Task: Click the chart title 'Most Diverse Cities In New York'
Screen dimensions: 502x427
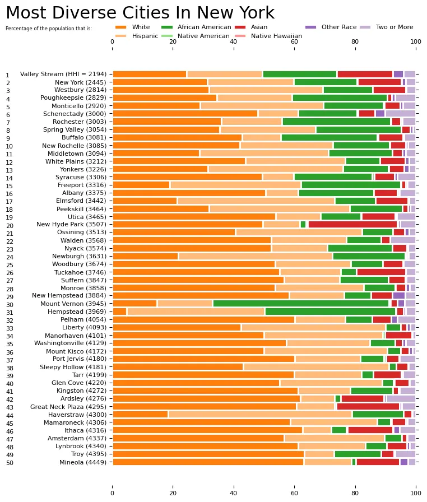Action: click(140, 13)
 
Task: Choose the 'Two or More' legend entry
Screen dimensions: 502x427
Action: click(394, 27)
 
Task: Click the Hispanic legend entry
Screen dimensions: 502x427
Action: click(145, 36)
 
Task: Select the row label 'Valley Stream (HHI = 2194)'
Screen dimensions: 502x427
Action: click(64, 74)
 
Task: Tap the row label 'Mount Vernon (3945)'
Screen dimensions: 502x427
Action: click(76, 303)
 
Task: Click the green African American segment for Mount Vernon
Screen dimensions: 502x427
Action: click(300, 303)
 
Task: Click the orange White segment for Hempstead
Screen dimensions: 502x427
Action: click(119, 312)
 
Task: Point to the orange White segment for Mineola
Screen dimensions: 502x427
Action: click(208, 462)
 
